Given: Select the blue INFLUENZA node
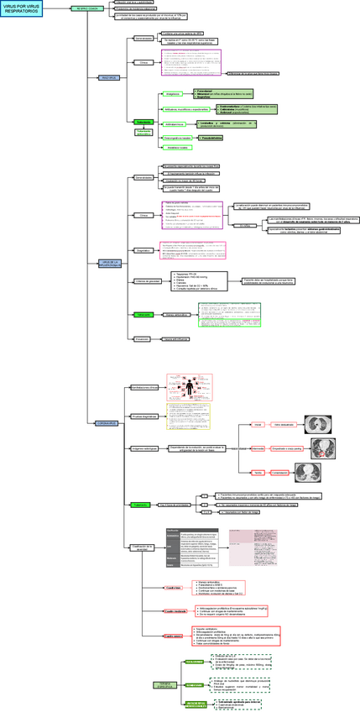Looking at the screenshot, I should tap(110, 78).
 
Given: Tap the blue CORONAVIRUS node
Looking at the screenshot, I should tap(110, 423).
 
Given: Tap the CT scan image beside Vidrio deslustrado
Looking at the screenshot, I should tap(321, 424).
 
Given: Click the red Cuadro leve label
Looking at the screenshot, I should tap(173, 588).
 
